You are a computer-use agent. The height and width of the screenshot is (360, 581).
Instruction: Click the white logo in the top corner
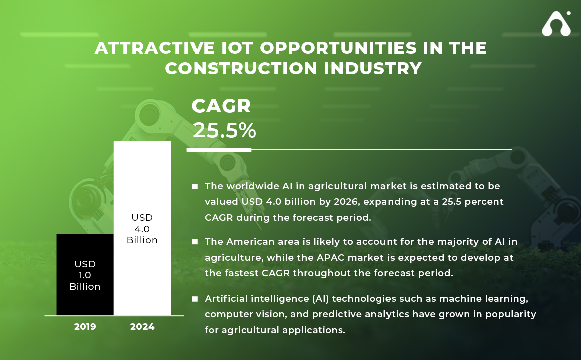(556, 24)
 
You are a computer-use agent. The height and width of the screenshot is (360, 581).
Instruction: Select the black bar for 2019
(85, 275)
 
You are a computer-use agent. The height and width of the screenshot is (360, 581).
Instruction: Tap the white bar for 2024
(142, 228)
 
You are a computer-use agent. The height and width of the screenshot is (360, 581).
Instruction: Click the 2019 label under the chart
(85, 326)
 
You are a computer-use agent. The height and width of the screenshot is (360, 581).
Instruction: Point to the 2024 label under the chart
(142, 326)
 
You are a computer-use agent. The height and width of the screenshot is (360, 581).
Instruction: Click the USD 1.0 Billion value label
(85, 275)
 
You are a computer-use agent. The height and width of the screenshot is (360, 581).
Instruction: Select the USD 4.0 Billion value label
(142, 228)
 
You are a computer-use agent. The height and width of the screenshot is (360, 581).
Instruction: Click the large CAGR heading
(221, 106)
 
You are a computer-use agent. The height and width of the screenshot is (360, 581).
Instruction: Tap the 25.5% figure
(224, 130)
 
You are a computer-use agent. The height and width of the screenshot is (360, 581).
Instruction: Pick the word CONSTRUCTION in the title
(241, 68)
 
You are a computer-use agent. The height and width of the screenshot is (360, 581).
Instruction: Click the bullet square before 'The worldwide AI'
(195, 186)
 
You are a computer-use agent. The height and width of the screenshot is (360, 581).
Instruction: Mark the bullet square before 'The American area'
(195, 242)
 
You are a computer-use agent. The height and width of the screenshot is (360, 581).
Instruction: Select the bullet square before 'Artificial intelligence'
(195, 299)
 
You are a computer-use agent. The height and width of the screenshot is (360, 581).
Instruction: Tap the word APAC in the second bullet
(330, 257)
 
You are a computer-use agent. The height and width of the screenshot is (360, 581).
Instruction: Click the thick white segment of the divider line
(219, 150)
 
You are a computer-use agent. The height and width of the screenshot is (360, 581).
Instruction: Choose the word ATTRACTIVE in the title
(154, 48)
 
